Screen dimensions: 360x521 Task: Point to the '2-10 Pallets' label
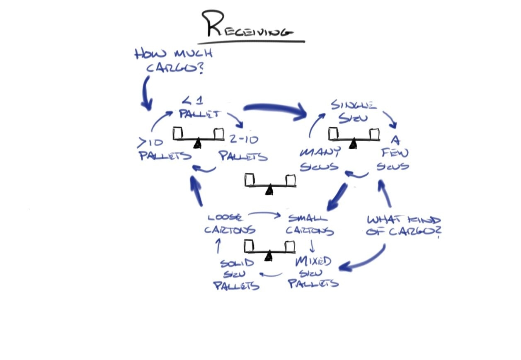click(x=243, y=148)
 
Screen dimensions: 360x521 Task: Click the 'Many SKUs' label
click(x=320, y=159)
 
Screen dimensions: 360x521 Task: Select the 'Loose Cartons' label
click(x=230, y=224)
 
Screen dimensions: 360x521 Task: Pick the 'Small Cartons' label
click(x=310, y=224)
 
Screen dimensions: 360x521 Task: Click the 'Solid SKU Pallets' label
click(x=237, y=274)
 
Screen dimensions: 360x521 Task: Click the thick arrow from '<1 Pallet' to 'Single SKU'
click(x=276, y=109)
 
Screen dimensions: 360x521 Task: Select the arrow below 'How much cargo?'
click(x=146, y=93)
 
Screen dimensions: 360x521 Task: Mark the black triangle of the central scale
click(x=269, y=189)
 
